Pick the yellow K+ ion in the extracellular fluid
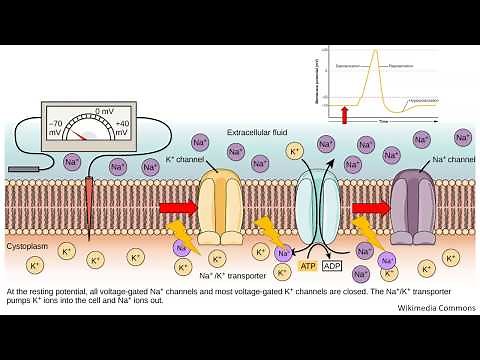tap(296, 152)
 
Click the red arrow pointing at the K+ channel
tap(176, 208)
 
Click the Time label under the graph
tap(382, 120)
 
